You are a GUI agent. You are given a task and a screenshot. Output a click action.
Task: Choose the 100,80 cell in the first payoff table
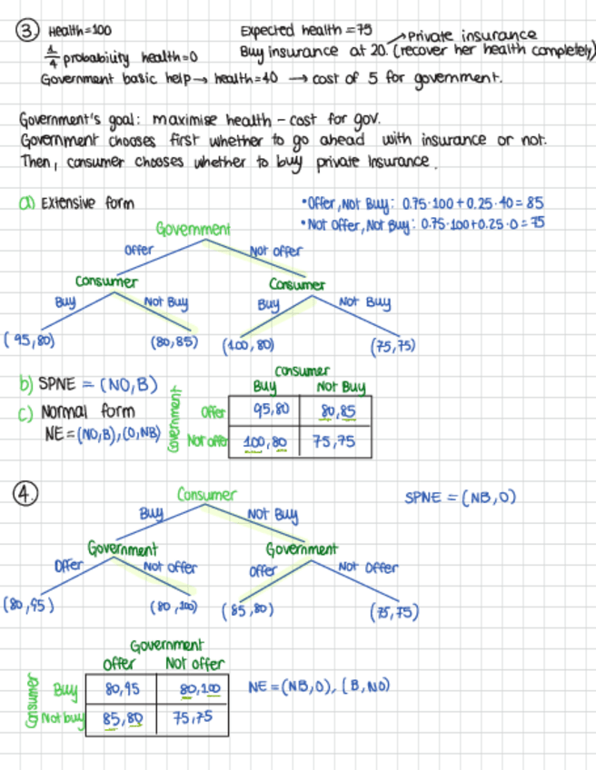265,442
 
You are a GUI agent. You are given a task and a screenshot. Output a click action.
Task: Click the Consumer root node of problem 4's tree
206,495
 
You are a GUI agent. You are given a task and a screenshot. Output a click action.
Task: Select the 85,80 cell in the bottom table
122,718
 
